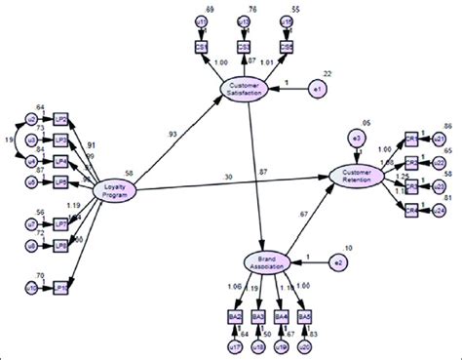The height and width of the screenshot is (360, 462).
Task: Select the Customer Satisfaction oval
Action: [x=249, y=88]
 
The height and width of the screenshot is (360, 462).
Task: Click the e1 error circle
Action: [x=318, y=88]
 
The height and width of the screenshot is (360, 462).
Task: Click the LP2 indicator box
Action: [x=61, y=119]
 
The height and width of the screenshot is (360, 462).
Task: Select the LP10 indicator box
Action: [x=61, y=287]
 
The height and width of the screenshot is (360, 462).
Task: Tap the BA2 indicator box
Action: [x=235, y=317]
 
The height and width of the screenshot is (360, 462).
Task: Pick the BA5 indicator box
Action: [x=305, y=317]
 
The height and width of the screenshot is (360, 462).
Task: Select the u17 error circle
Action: [x=235, y=344]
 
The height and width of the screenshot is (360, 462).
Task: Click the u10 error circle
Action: [x=30, y=287]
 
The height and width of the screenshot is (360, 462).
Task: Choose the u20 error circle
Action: [x=305, y=344]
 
